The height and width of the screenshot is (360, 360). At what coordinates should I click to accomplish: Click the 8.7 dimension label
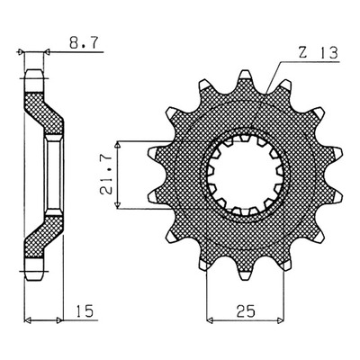click(x=83, y=43)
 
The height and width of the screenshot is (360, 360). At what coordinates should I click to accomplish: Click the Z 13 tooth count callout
click(x=319, y=53)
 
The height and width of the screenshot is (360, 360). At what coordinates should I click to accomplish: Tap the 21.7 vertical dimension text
click(x=106, y=174)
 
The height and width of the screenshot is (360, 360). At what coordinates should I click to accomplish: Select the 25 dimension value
click(x=246, y=311)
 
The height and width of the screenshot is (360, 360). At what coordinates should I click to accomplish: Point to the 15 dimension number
click(x=85, y=311)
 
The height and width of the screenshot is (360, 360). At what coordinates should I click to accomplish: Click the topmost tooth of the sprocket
click(x=246, y=76)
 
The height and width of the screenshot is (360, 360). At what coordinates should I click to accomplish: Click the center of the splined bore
click(x=246, y=175)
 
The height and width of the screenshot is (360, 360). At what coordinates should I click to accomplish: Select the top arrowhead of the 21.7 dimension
click(x=118, y=145)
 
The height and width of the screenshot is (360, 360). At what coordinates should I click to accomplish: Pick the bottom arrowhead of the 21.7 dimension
click(x=118, y=205)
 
